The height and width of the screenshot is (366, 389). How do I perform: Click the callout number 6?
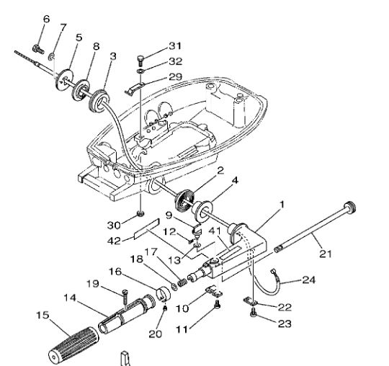coord(46,19)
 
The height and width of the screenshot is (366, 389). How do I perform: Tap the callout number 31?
coord(175,46)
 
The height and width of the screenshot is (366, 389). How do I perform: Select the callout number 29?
coord(175,76)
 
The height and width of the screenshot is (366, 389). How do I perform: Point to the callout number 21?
coord(326,254)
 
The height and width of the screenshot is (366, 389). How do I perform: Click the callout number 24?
coord(309,280)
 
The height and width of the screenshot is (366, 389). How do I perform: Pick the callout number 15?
coord(43,315)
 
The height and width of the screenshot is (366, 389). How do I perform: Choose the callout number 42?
coord(114,241)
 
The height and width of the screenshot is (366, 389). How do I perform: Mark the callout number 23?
coord(285,323)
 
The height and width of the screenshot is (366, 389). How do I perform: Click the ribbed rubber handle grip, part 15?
coord(73,345)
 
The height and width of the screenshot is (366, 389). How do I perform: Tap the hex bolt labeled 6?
coord(38,49)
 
